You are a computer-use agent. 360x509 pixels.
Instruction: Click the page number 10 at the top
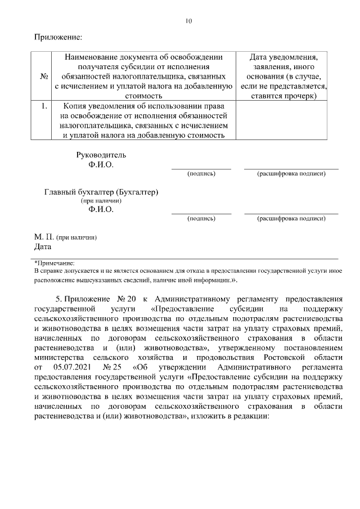(188, 21)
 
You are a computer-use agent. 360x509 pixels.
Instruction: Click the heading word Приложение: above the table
(58, 38)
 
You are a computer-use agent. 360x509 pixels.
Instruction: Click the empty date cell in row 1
(281, 120)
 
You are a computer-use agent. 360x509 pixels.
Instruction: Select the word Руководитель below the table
(101, 155)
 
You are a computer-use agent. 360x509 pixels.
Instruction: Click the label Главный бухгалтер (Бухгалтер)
(101, 192)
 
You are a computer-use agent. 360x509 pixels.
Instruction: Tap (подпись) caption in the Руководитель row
(201, 174)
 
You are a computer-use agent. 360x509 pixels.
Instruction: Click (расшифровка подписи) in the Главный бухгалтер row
(291, 218)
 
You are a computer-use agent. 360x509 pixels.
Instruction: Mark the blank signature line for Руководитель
(201, 168)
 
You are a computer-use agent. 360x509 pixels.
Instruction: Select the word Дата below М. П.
(43, 246)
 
